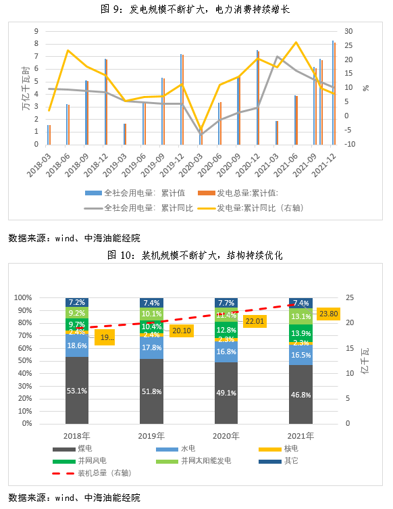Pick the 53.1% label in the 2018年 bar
pos(78,391)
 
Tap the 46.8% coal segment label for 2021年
pos(300,395)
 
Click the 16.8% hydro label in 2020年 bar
pos(226,352)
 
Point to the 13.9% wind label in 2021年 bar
pos(300,333)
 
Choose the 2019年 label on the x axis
pos(151,437)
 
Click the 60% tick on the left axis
pos(43,348)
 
